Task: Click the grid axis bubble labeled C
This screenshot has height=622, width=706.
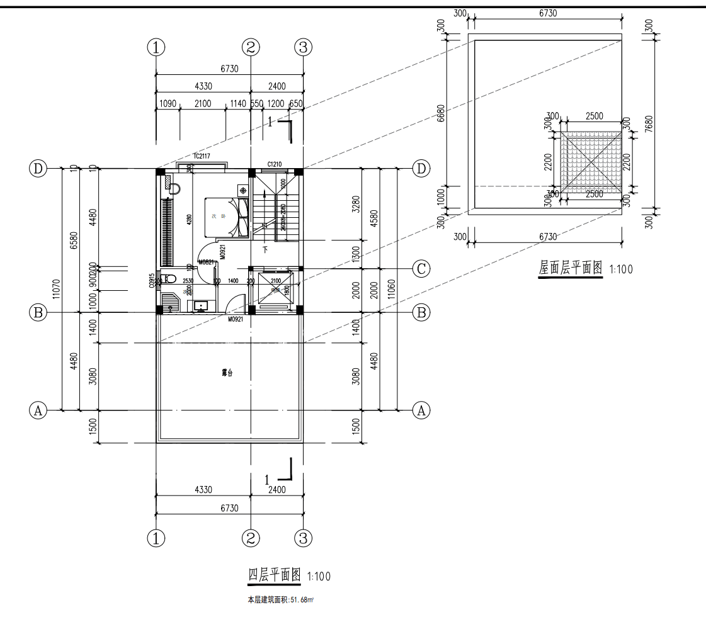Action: [x=421, y=269]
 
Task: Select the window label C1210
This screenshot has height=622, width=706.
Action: [x=274, y=164]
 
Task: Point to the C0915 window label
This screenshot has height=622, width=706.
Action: [x=152, y=281]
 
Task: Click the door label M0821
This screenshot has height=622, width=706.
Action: [x=206, y=263]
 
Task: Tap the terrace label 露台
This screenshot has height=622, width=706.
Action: [x=227, y=373]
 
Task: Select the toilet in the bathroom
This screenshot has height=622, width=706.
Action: [x=168, y=278]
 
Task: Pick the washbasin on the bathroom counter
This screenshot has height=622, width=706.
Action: [x=201, y=306]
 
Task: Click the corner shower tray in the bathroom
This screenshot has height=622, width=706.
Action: [x=169, y=303]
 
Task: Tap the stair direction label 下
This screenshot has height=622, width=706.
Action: [x=265, y=250]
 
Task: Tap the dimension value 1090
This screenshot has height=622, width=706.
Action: [x=168, y=104]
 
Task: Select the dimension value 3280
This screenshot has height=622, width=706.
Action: [x=356, y=204]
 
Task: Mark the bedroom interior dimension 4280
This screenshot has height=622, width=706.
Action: [x=189, y=220]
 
